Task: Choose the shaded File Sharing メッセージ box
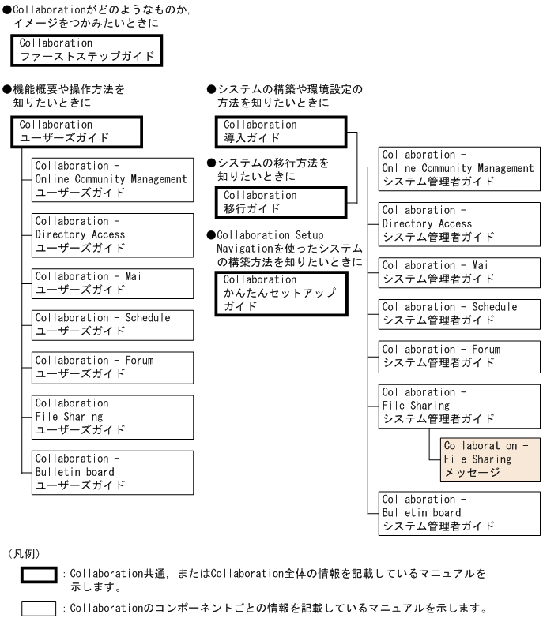click(490, 459)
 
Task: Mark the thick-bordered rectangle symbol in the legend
click(39, 567)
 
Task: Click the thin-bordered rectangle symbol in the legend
click(39, 602)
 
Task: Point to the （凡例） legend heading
click(24, 554)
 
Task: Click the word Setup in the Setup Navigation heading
click(309, 235)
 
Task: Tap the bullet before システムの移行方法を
click(211, 163)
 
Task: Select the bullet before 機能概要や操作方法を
click(7, 89)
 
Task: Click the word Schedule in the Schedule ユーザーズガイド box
click(148, 317)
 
